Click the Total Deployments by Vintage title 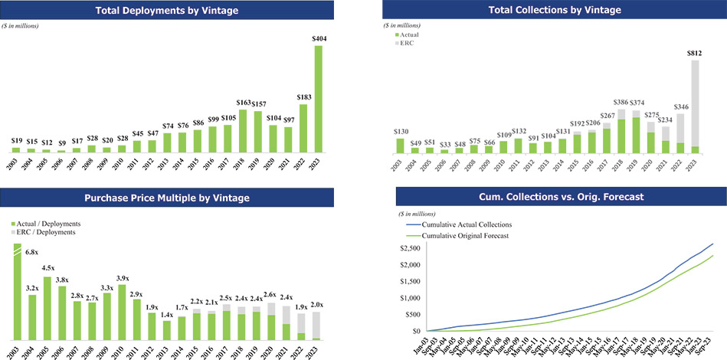[167, 11]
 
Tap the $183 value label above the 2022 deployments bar [303, 97]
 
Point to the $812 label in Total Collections [695, 53]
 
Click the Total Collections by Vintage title [555, 11]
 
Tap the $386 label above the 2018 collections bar [621, 102]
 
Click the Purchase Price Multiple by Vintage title [167, 198]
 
